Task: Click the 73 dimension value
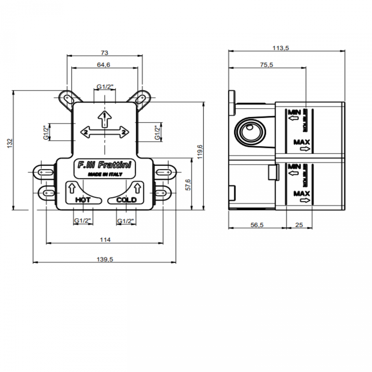coord(105,53)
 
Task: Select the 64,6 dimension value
coord(103,65)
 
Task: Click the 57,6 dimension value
coord(188,185)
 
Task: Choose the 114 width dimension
coord(105,240)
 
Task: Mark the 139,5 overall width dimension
coord(105,259)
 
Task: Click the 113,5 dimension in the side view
coord(280,48)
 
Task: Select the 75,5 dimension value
coord(266,65)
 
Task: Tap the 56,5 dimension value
coord(257,225)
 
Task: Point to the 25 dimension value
coord(299,225)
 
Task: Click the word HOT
coord(83,200)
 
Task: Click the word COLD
coord(126,200)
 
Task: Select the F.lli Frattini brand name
coord(104,165)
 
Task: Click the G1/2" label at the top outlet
coord(105,86)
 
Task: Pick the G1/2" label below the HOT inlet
coord(83,221)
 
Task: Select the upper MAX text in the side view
coord(302,142)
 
